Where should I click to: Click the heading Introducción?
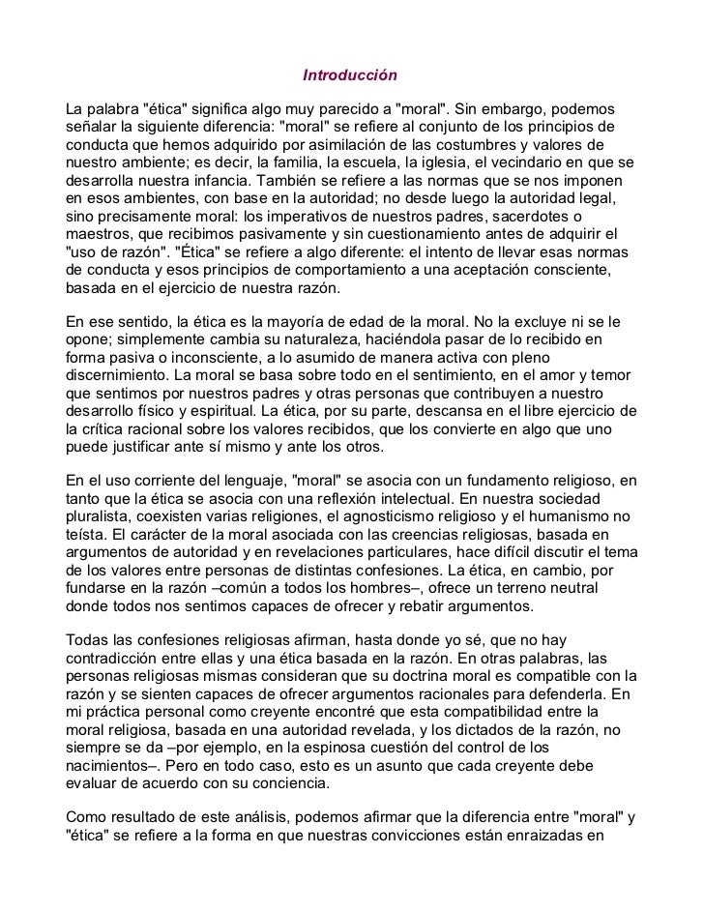(x=350, y=74)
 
